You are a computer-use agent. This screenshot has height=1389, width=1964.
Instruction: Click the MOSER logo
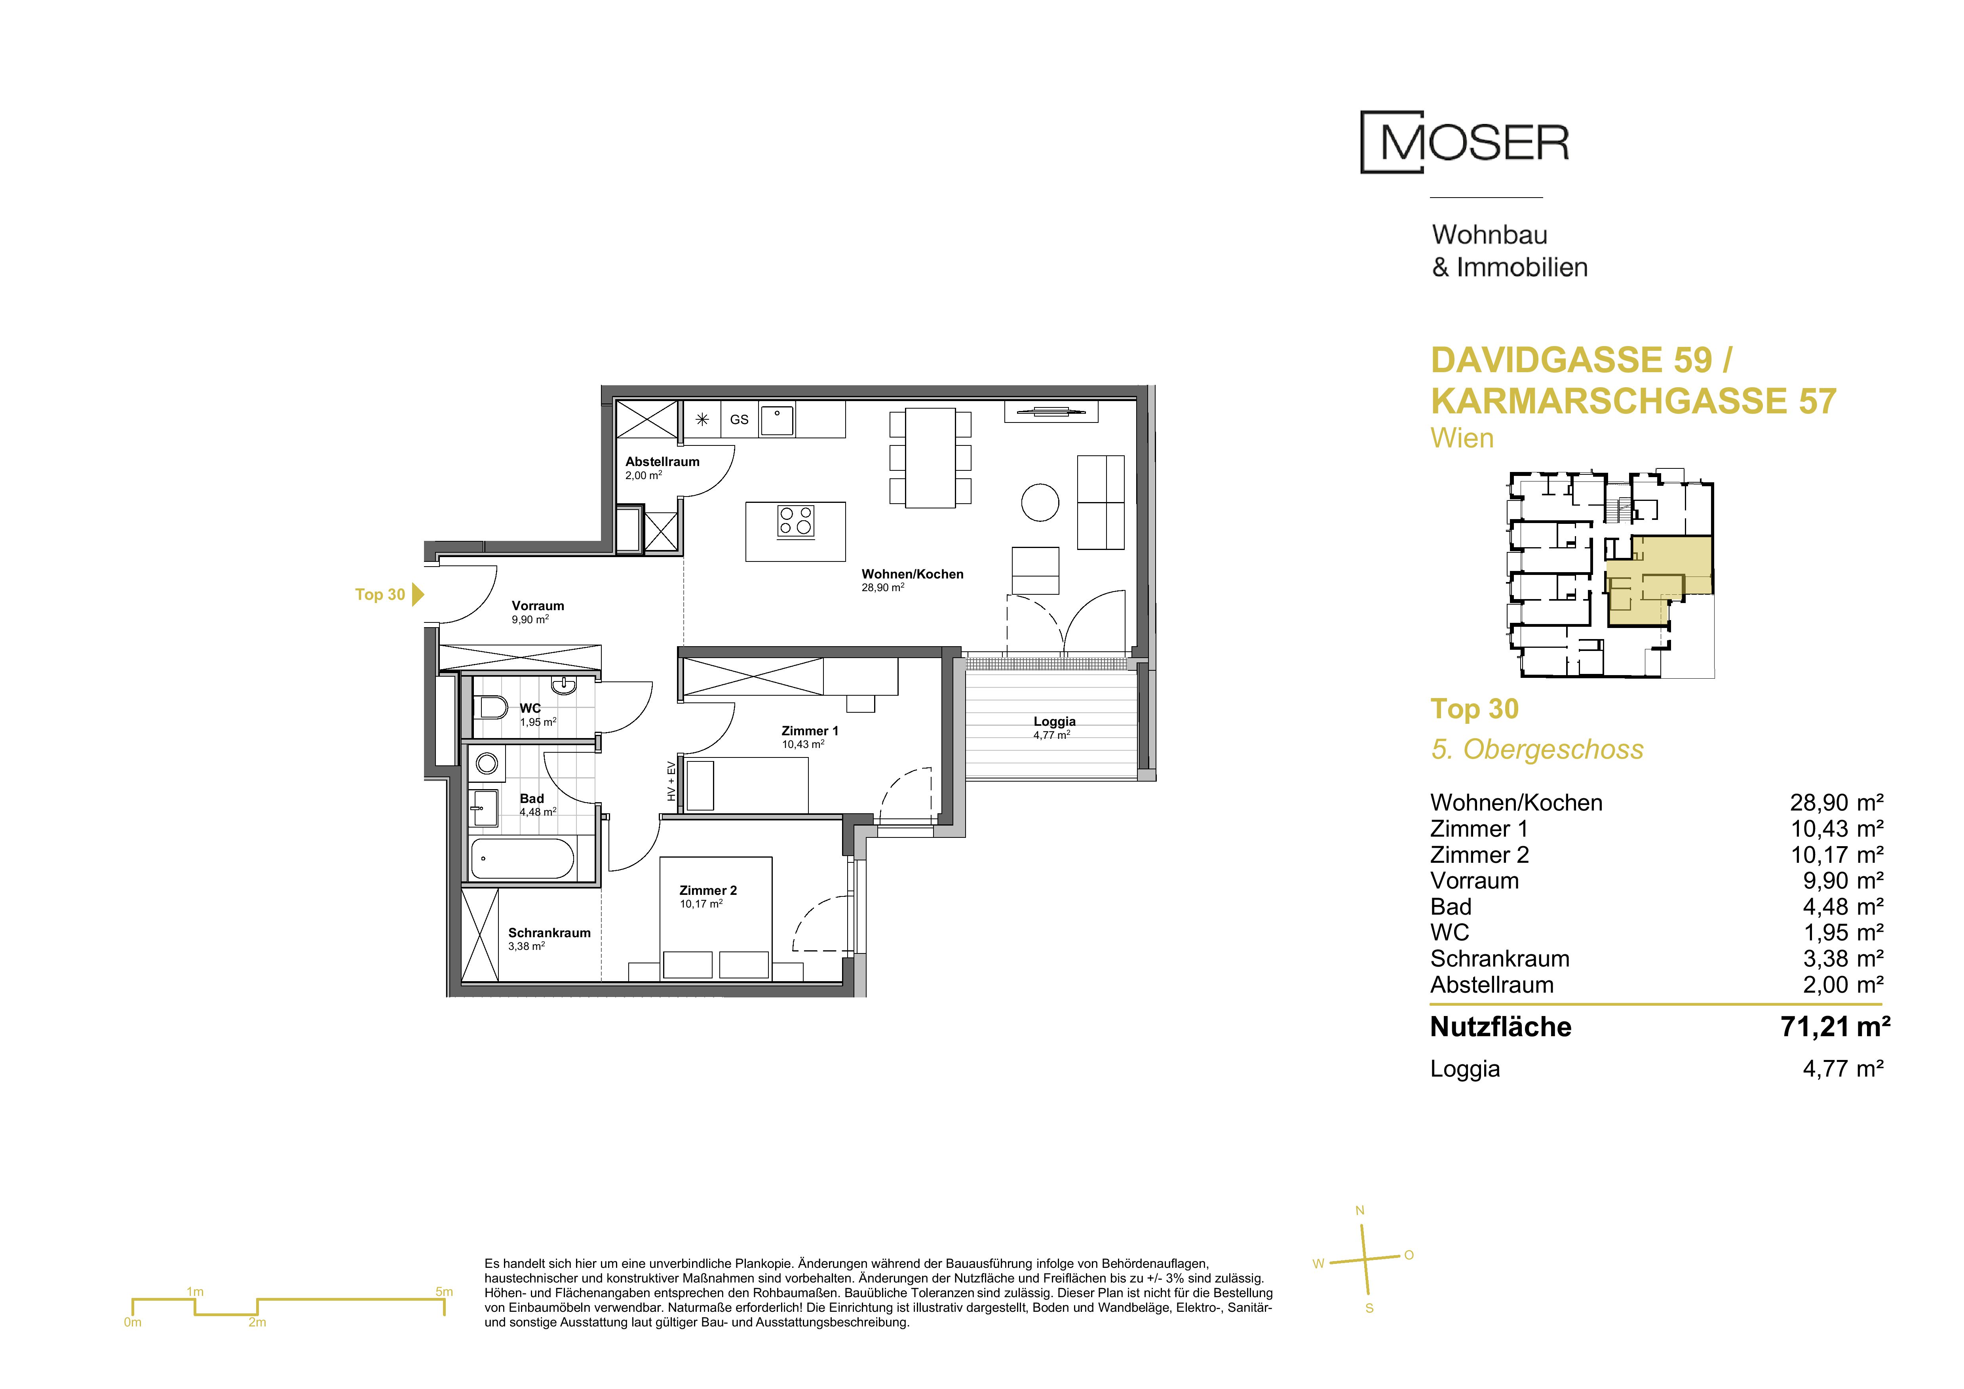[x=1464, y=142]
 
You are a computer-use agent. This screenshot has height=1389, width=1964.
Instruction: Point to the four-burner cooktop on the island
[x=795, y=521]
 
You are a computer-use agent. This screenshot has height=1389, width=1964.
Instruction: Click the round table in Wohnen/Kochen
[x=1040, y=502]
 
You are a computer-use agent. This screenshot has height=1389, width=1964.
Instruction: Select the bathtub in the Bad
[x=523, y=858]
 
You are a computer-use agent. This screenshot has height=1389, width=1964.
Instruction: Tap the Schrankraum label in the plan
[x=549, y=933]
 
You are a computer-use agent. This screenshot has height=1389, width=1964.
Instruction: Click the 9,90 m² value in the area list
[x=1843, y=881]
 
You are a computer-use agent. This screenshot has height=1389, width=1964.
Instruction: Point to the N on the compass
[x=1360, y=1211]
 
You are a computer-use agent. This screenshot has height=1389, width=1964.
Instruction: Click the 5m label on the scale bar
[x=444, y=1292]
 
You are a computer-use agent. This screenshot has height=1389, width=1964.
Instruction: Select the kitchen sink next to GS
[x=778, y=420]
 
